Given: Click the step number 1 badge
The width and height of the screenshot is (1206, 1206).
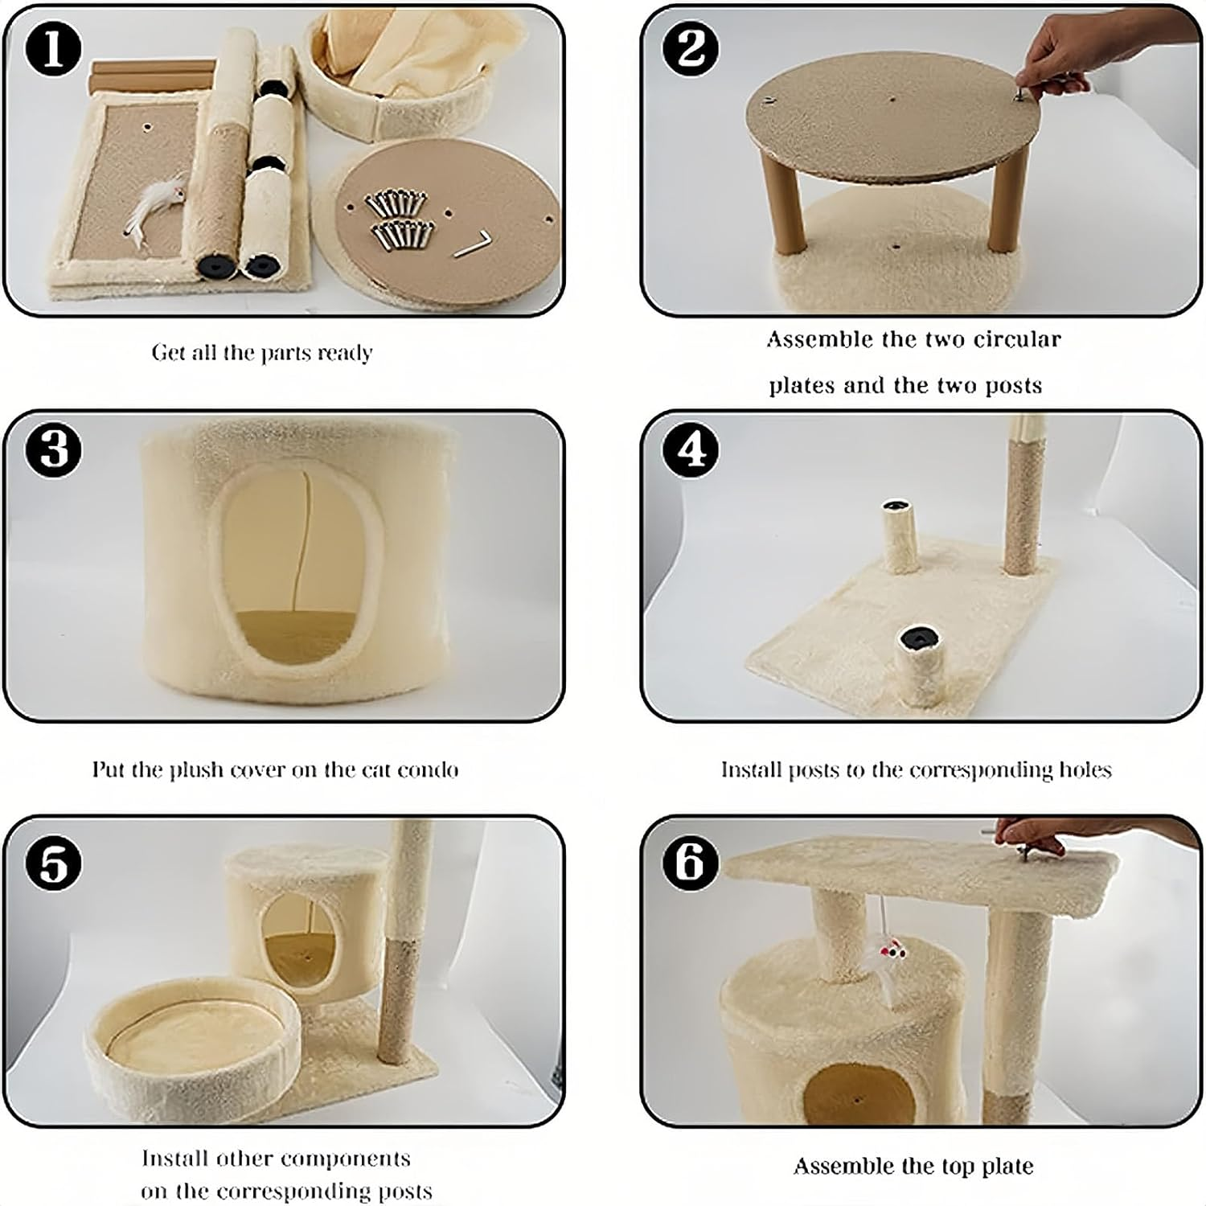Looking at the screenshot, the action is [x=53, y=50].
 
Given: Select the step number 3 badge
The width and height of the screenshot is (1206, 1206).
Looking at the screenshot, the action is [x=53, y=449].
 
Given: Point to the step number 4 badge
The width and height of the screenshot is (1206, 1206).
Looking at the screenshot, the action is [x=691, y=449].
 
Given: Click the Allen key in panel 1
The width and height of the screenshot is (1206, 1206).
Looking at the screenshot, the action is [x=471, y=245].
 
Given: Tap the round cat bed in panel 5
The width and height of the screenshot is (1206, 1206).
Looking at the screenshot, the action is [x=193, y=1045].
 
